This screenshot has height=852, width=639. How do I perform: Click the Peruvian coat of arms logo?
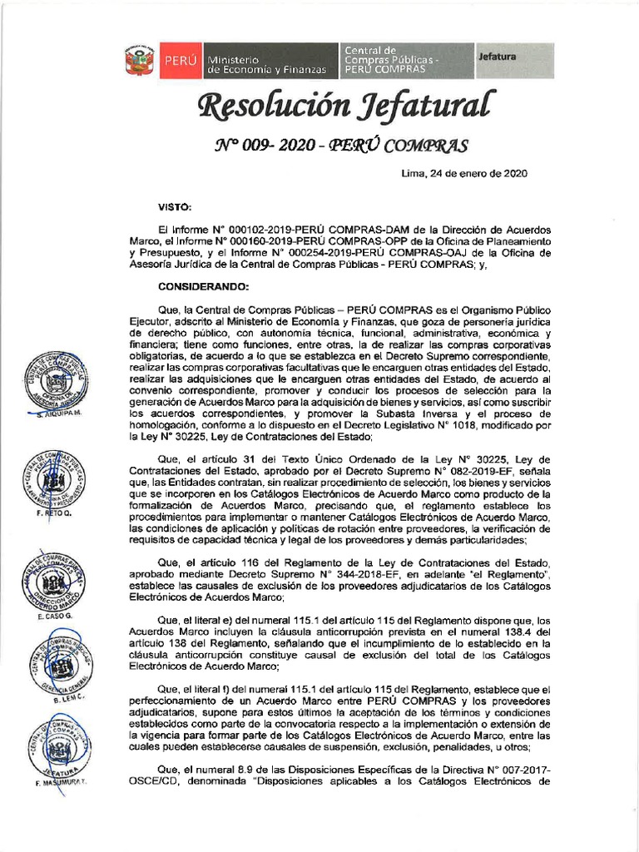[x=140, y=61]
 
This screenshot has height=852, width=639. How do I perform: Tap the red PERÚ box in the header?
[x=179, y=61]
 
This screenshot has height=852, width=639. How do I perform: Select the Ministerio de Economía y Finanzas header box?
[x=266, y=61]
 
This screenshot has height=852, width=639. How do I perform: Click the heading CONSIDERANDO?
[x=204, y=286]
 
